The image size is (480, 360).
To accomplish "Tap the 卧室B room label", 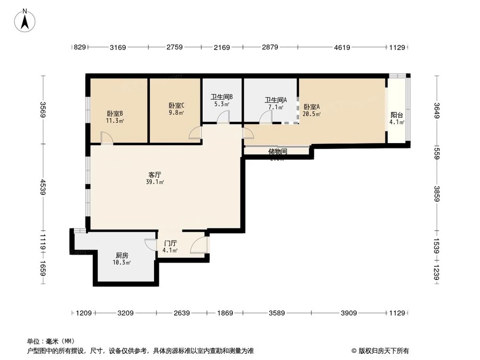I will tap(115, 117).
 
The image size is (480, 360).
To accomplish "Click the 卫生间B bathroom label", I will tap(222, 100).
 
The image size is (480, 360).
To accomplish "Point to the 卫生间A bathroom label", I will tap(276, 104).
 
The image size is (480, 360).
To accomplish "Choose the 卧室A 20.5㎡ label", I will tap(312, 110).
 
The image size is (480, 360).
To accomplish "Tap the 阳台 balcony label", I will tap(396, 118).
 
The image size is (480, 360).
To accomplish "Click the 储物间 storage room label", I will tap(277, 152).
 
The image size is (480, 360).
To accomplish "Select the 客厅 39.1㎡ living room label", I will tap(156, 178).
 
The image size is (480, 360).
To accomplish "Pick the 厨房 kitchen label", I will tap(121, 259).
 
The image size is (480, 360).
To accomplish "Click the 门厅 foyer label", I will tap(170, 247).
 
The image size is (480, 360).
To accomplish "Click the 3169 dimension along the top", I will tap(118, 48).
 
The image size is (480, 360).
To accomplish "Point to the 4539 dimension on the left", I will tap(43, 187).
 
